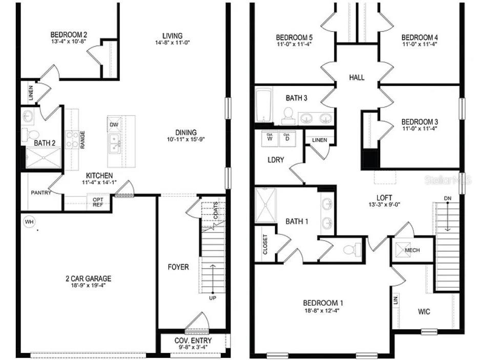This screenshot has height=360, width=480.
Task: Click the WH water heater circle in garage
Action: [x=29, y=222]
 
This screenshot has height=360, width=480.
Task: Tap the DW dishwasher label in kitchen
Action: [x=113, y=124]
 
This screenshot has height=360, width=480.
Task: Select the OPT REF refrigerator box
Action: [x=98, y=202]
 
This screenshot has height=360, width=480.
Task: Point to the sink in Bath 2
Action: [x=28, y=116]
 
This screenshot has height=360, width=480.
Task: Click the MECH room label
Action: [x=412, y=250]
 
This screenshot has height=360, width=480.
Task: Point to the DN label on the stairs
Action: [x=448, y=198]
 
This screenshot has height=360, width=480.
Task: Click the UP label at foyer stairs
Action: [x=212, y=298]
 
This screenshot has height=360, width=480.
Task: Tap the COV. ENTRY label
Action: [x=193, y=341]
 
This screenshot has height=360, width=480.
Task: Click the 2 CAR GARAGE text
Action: [x=88, y=279]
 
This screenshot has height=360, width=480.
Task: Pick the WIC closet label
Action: [x=424, y=311]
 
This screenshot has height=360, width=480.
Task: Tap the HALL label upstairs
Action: [x=357, y=77]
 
